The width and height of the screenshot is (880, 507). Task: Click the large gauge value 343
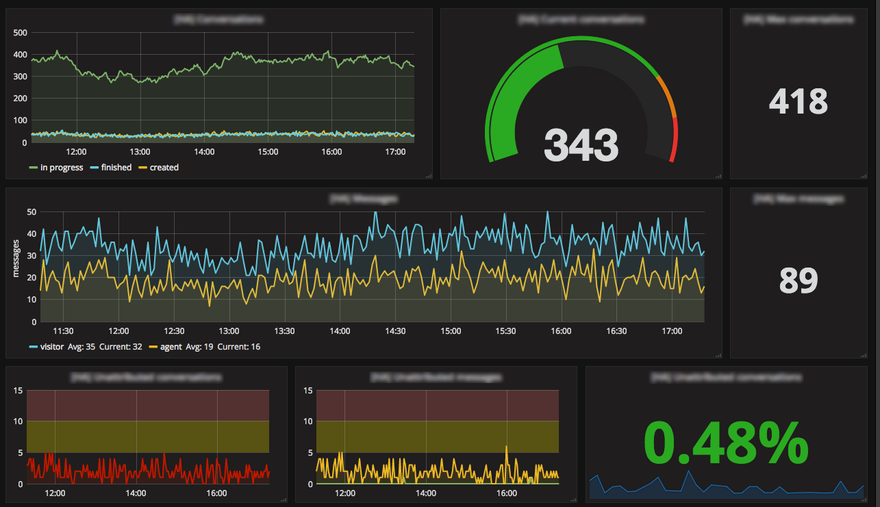click(581, 145)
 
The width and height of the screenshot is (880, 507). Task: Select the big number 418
click(798, 103)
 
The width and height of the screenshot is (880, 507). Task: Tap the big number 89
click(799, 281)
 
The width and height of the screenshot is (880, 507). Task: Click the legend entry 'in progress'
click(62, 168)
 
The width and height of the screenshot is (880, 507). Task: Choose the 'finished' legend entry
click(116, 168)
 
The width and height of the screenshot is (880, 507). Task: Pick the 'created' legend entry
click(164, 168)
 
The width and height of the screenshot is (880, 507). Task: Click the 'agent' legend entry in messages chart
click(171, 347)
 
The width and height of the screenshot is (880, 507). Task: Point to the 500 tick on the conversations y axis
click(20, 33)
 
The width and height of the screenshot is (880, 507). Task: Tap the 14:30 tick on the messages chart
click(395, 331)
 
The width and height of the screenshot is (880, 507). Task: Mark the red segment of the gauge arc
click(675, 140)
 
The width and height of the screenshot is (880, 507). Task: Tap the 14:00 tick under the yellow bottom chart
click(425, 493)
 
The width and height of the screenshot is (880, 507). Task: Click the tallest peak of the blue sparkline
click(688, 471)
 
